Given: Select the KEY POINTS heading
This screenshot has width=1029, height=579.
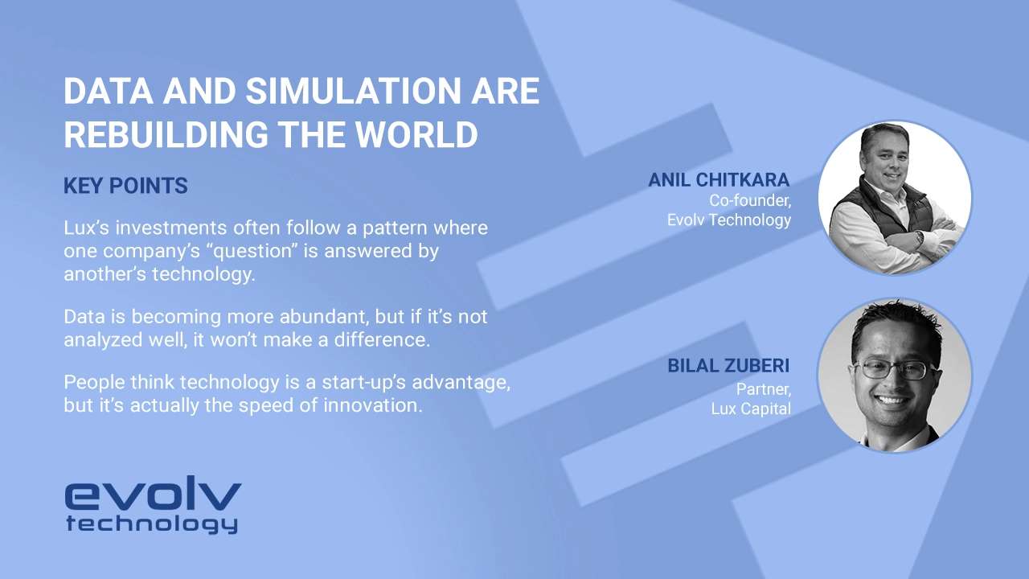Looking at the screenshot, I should [x=125, y=187].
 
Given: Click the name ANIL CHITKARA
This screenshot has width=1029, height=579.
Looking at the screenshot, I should [x=719, y=180].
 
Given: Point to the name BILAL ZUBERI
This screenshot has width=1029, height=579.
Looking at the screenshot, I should [x=728, y=367].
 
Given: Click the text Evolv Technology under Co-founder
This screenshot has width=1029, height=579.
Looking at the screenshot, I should [x=729, y=220].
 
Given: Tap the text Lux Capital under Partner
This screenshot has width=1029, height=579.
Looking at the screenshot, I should [x=751, y=409].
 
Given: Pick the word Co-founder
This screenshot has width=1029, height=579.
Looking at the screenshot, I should [x=750, y=200].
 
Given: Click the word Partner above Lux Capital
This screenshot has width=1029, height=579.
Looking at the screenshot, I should [x=764, y=389].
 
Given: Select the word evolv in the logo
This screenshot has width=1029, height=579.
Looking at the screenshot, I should [x=153, y=496].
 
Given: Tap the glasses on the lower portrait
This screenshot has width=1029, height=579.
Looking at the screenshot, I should [x=892, y=370].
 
